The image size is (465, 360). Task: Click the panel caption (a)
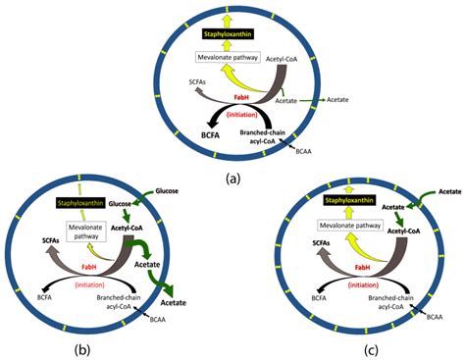click(232, 178)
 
